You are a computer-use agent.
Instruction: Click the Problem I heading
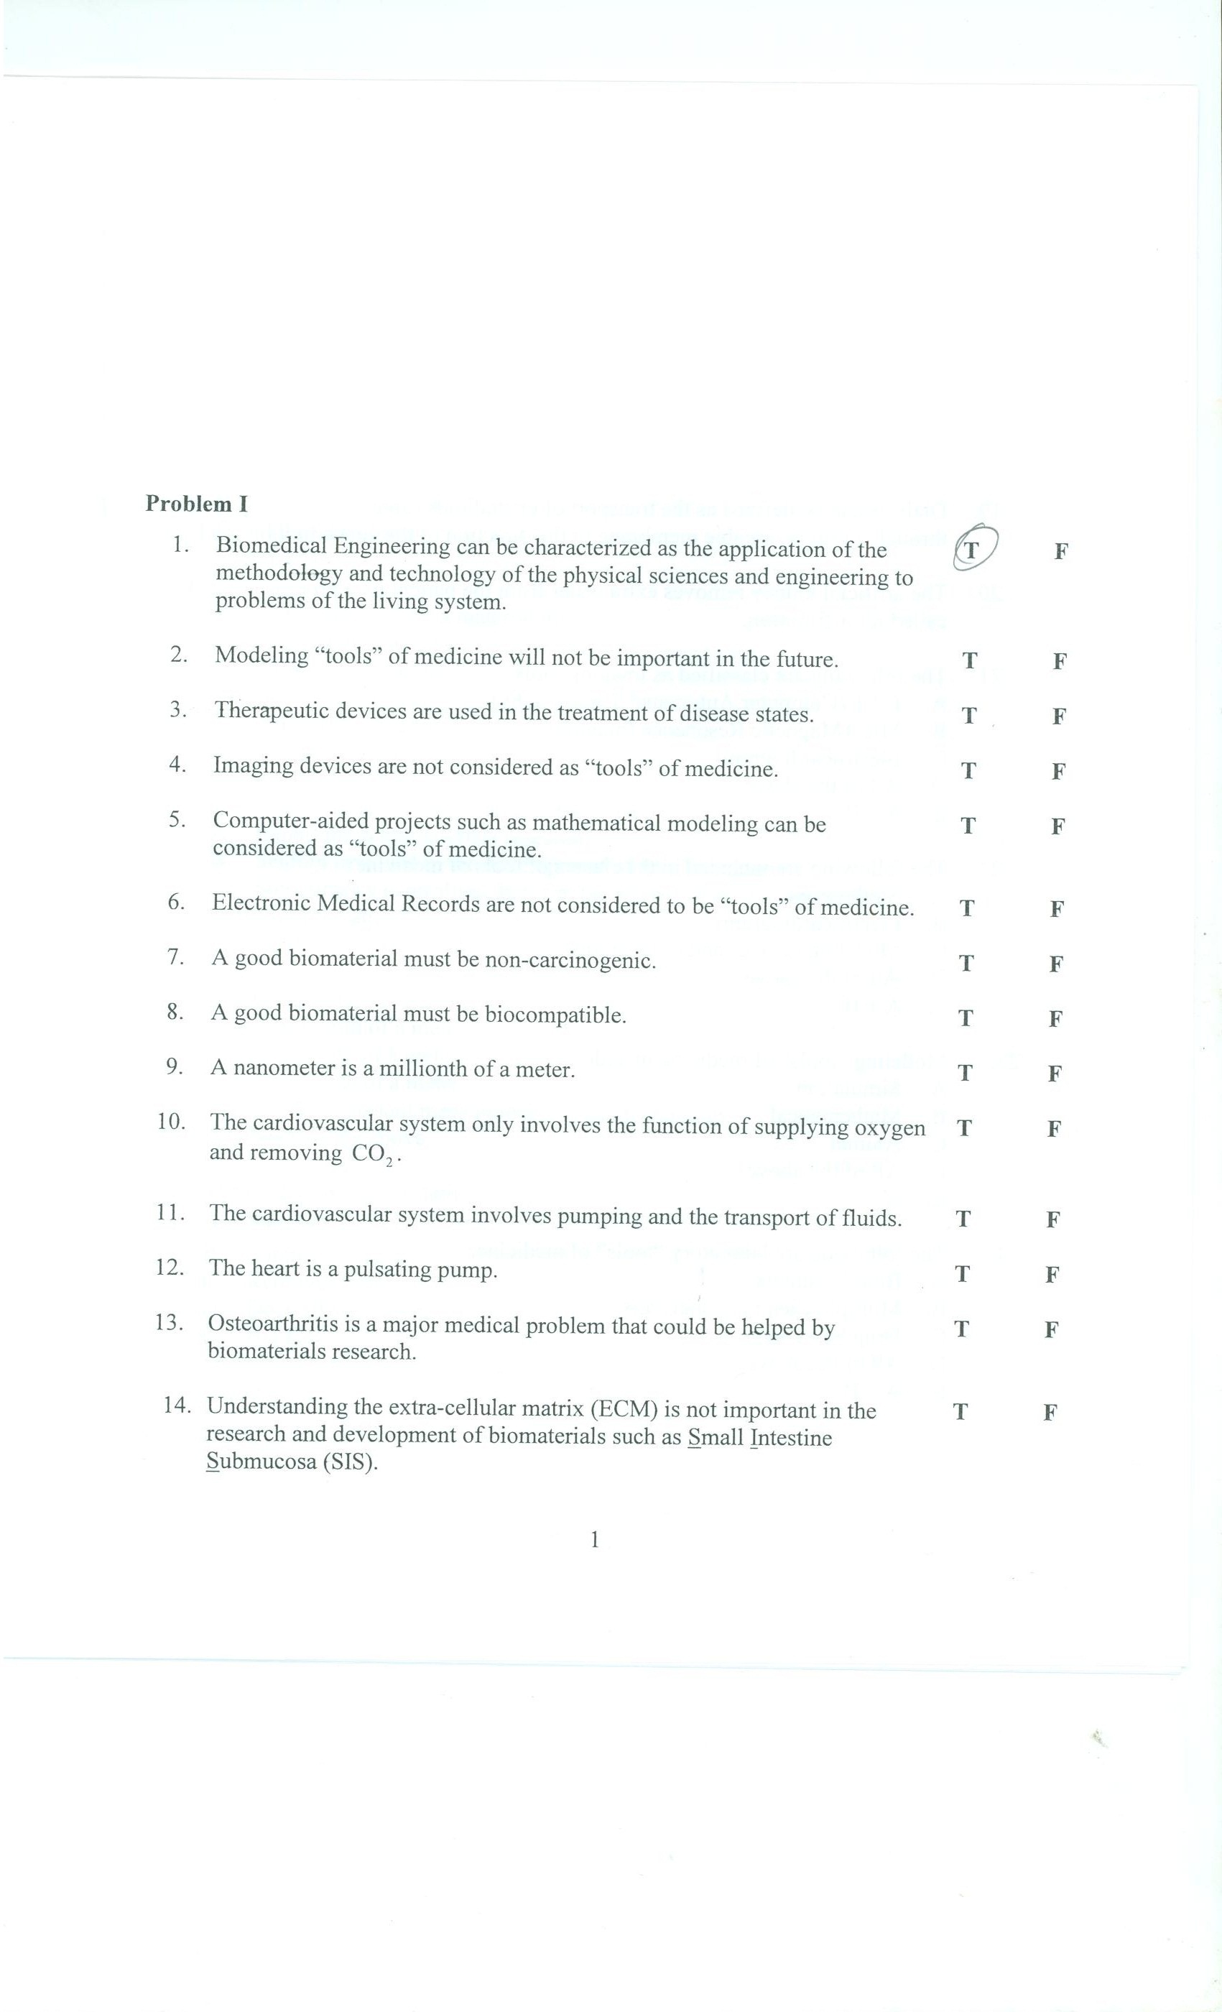point(196,504)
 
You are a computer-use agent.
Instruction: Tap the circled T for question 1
point(972,550)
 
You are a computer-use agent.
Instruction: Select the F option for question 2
point(1059,661)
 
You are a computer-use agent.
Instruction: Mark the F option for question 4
point(1058,771)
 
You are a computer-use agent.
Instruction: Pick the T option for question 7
point(966,964)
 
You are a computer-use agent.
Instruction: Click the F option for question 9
point(1054,1074)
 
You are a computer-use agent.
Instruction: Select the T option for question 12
point(963,1274)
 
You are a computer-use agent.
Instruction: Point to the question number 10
point(172,1122)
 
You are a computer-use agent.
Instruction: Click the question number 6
point(175,903)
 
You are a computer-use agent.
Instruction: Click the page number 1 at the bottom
point(594,1540)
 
